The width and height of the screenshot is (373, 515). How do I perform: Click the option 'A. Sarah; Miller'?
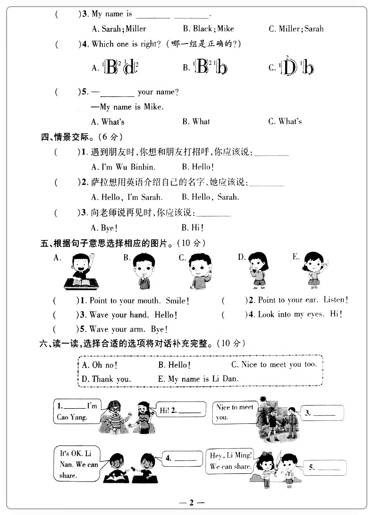(x=119, y=29)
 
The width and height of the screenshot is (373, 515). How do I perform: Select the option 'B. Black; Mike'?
(x=208, y=29)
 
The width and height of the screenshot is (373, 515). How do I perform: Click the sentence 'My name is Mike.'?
(x=127, y=107)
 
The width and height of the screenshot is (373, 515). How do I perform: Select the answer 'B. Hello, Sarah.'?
(x=210, y=197)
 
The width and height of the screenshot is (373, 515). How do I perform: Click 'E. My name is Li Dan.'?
(x=198, y=379)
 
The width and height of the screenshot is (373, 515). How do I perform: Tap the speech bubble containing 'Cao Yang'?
(x=77, y=412)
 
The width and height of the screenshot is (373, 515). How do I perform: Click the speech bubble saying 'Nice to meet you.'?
(x=234, y=412)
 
